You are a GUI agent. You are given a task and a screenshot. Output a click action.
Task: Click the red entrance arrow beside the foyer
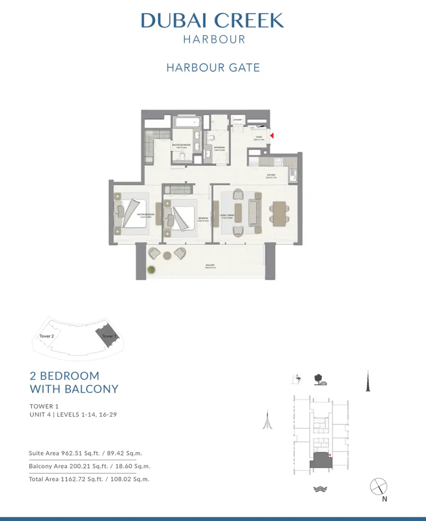coord(272,135)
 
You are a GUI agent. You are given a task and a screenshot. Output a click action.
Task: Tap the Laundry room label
coord(237,120)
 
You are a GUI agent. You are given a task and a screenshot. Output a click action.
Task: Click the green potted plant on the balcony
coord(152,270)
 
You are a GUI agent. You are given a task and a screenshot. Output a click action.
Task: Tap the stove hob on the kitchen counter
coord(277,161)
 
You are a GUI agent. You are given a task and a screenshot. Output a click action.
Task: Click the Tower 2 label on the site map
coord(47,336)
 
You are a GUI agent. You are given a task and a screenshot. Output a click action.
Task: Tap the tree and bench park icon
coord(320,380)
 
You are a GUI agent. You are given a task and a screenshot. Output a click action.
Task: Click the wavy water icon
coord(320,489)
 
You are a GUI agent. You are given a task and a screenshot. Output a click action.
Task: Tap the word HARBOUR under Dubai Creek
coord(214,39)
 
